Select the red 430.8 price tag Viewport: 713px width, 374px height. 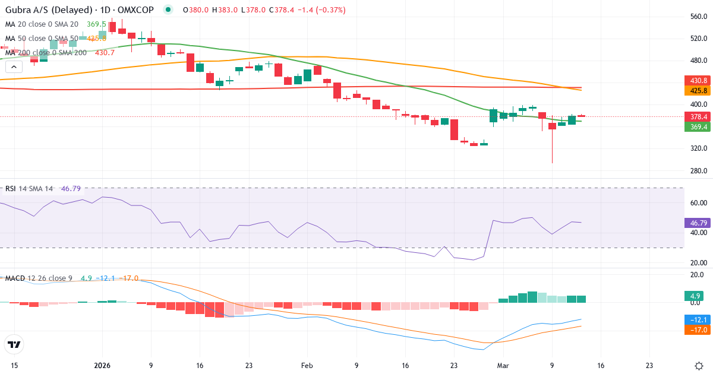[x=696, y=80]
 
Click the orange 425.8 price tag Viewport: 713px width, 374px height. [x=696, y=91]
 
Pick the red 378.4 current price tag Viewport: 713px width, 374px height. [x=696, y=116]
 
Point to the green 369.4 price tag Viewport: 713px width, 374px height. [x=696, y=127]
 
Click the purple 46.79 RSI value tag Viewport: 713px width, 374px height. [x=696, y=223]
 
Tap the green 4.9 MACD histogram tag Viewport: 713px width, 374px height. [x=694, y=296]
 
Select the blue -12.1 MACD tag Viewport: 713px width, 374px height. [x=695, y=319]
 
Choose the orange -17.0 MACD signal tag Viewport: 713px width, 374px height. [x=695, y=329]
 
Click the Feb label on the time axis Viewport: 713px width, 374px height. [x=307, y=366]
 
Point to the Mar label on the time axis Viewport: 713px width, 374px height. [x=503, y=366]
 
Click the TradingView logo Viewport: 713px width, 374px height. [x=14, y=344]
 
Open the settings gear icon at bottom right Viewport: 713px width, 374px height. [x=699, y=366]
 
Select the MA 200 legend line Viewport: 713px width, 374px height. [x=46, y=53]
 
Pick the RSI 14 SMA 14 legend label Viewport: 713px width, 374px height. [x=29, y=189]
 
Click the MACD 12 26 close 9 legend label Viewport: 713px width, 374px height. [x=39, y=278]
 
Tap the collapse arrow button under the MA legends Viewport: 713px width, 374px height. [x=12, y=67]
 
